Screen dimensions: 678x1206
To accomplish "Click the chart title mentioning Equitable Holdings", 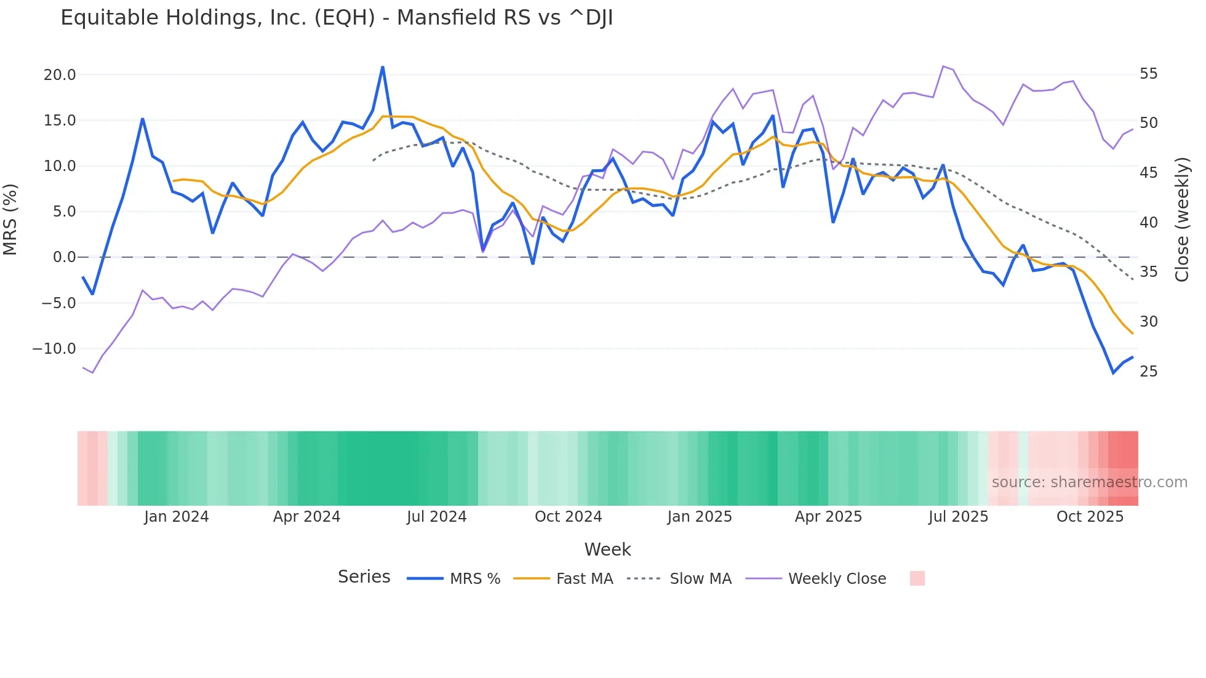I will click(337, 18).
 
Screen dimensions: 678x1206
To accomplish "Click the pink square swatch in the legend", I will click(917, 578).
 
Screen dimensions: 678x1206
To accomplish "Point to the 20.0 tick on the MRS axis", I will click(60, 75).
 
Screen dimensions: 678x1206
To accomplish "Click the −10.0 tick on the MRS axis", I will click(54, 349).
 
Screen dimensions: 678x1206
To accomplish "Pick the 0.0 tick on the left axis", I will click(64, 257).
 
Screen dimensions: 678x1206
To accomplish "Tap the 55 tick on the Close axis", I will click(1149, 74).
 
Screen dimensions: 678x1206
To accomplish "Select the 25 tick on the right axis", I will click(1149, 372).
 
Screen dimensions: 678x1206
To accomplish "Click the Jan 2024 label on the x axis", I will click(177, 517).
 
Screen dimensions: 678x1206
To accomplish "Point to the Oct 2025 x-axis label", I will click(1090, 517).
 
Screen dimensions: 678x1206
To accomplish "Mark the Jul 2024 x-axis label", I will click(437, 517).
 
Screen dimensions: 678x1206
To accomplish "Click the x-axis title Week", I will click(607, 549).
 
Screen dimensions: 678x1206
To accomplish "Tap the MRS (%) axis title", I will click(10, 220).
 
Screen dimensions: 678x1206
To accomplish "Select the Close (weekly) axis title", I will click(1182, 220).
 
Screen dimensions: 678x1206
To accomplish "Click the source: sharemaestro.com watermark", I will click(1089, 482).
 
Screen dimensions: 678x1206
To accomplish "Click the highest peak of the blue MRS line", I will click(383, 67).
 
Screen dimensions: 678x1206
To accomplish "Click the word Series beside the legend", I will click(364, 577).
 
